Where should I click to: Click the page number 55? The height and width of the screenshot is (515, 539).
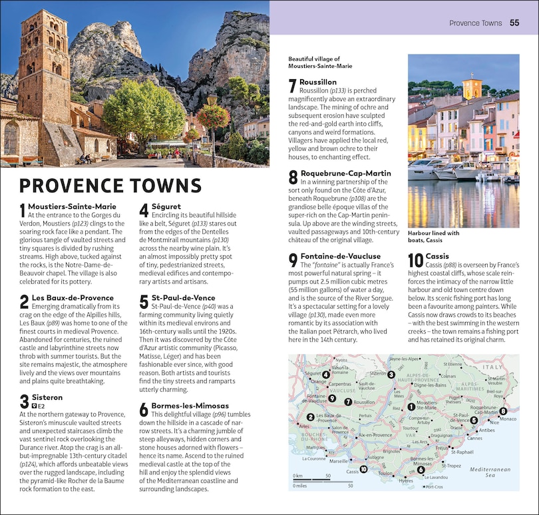[x=514, y=23]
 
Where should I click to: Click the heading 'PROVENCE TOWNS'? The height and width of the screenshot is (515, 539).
[x=110, y=186]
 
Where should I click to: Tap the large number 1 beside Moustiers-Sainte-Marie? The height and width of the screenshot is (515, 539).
[x=23, y=211]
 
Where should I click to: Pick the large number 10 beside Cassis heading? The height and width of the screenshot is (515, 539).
[x=415, y=261]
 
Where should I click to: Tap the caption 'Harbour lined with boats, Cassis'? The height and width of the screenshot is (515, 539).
[x=433, y=237]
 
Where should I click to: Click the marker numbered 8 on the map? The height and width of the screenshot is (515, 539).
[x=503, y=411]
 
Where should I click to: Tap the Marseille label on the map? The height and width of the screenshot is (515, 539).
[x=339, y=460]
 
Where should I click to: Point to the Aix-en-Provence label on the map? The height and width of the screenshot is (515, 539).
[x=374, y=435]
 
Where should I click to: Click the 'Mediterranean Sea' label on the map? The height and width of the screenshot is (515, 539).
[x=490, y=472]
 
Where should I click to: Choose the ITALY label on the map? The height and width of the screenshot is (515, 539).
[x=493, y=367]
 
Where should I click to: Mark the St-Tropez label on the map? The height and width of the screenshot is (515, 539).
[x=451, y=466]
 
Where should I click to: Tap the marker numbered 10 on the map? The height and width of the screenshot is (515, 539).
[x=363, y=469]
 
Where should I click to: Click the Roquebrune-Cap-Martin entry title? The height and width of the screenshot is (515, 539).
[x=337, y=173]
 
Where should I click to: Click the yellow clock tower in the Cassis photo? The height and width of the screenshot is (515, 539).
[x=472, y=89]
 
